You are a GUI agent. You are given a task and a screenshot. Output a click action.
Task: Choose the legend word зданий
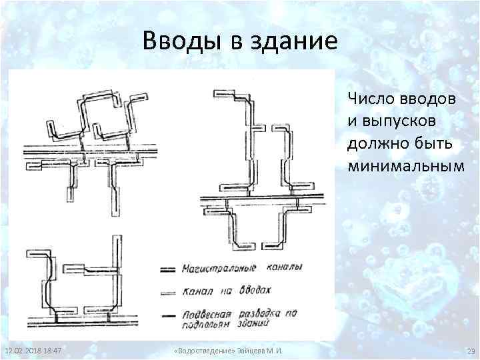tap(253, 325)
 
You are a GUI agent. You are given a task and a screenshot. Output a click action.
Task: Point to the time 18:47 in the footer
tap(53, 351)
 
